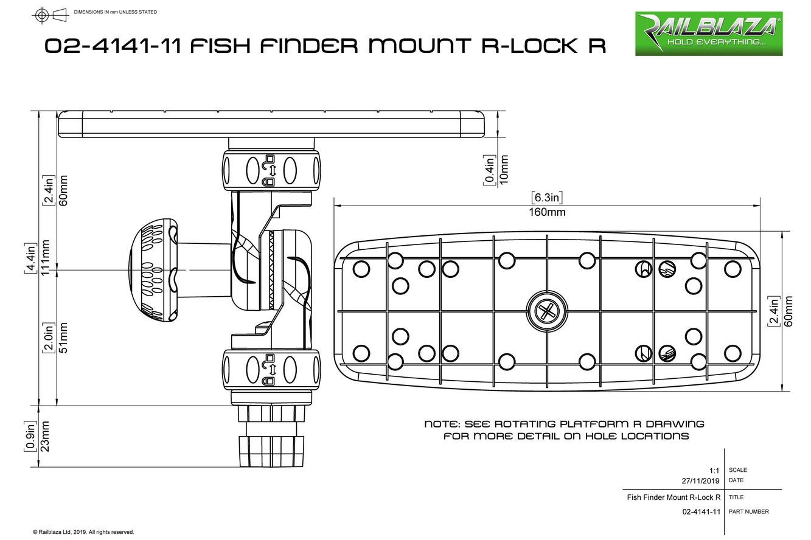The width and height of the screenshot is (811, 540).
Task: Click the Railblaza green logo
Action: coord(709,33)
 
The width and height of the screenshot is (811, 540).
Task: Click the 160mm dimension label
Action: coord(547,212)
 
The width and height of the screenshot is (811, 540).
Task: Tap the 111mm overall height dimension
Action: coord(46,258)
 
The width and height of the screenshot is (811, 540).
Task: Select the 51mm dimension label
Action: coord(63,337)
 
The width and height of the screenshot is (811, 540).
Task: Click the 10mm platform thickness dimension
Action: coord(504,169)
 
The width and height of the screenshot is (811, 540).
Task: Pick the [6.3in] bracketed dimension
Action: coord(546,197)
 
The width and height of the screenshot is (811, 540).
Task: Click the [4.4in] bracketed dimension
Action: coord(30,258)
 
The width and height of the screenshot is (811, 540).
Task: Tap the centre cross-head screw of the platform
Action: coord(547,312)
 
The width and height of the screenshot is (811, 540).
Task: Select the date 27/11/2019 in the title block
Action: coord(700,480)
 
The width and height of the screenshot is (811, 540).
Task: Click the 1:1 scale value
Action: coord(714,470)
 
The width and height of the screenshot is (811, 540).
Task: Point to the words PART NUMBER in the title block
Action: coord(748,511)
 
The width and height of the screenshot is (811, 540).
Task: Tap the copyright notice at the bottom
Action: coord(83,532)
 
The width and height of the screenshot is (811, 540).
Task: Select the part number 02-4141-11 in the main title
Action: coord(113,46)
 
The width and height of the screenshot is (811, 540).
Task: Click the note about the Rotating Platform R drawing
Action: coord(565,430)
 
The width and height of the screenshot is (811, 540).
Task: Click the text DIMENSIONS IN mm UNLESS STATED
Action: coord(115,12)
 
